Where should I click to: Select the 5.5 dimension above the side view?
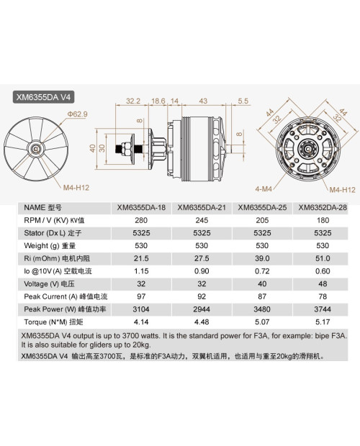pos(243,101)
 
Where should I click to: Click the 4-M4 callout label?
pos(265,190)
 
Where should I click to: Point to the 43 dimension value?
pos(204,101)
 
